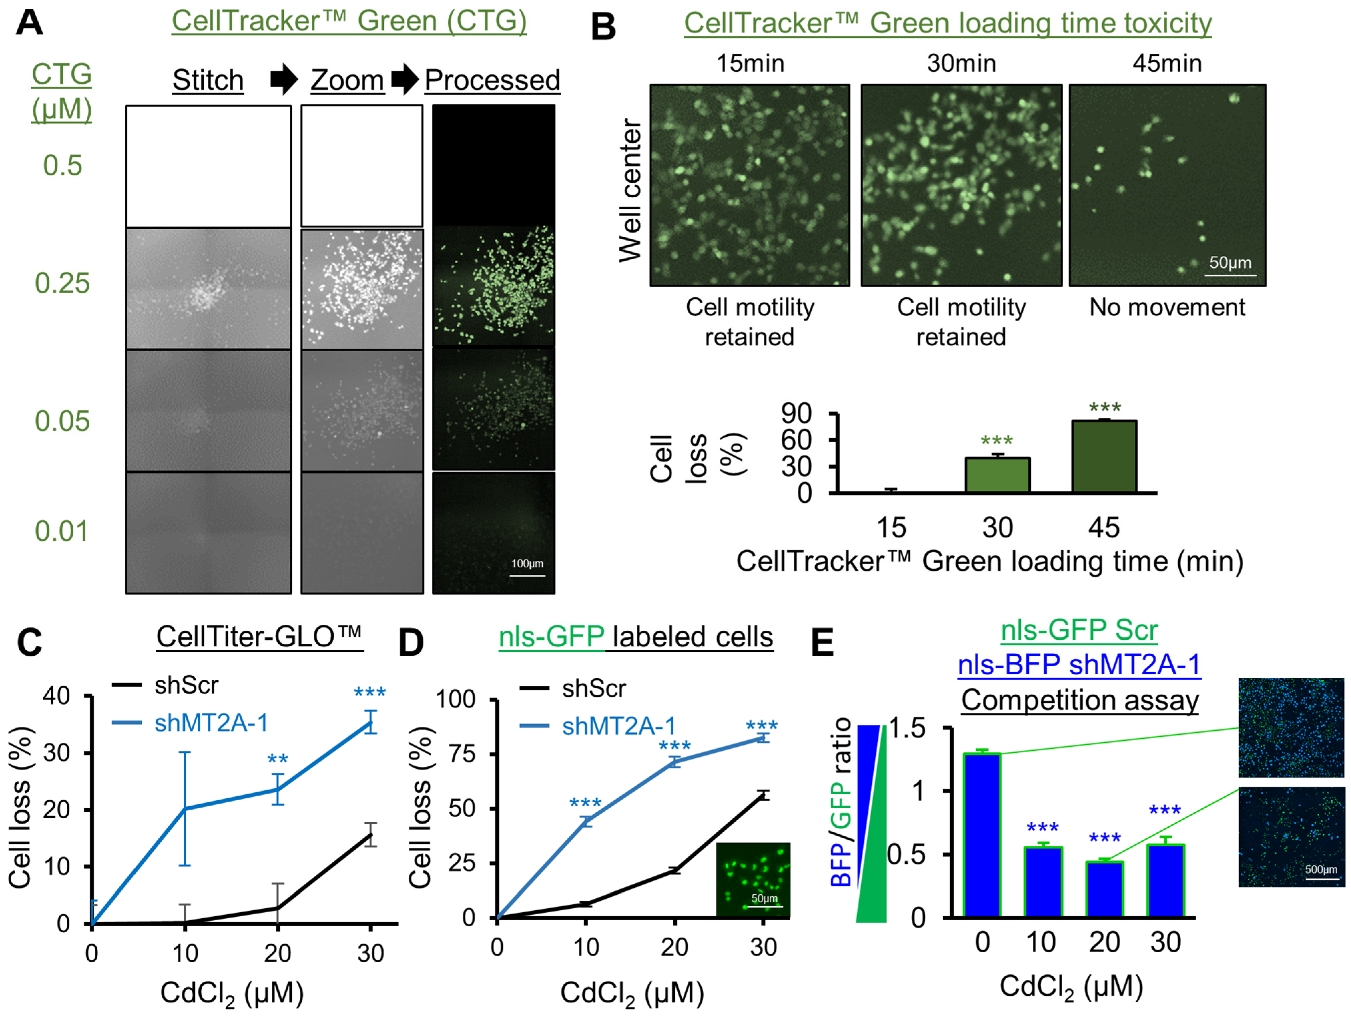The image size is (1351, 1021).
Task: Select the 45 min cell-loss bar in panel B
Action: pyautogui.click(x=1104, y=456)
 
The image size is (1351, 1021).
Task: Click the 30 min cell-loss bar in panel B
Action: pyautogui.click(x=997, y=475)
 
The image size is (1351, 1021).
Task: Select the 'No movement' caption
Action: pyautogui.click(x=1166, y=307)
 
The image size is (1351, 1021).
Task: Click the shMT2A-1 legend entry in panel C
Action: pyautogui.click(x=211, y=723)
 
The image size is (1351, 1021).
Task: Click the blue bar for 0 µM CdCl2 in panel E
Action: pyautogui.click(x=982, y=835)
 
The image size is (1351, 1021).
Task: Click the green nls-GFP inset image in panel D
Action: pyautogui.click(x=753, y=879)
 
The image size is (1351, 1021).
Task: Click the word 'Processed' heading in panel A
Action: pyautogui.click(x=492, y=80)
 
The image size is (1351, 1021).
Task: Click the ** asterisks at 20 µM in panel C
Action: pyautogui.click(x=278, y=760)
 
